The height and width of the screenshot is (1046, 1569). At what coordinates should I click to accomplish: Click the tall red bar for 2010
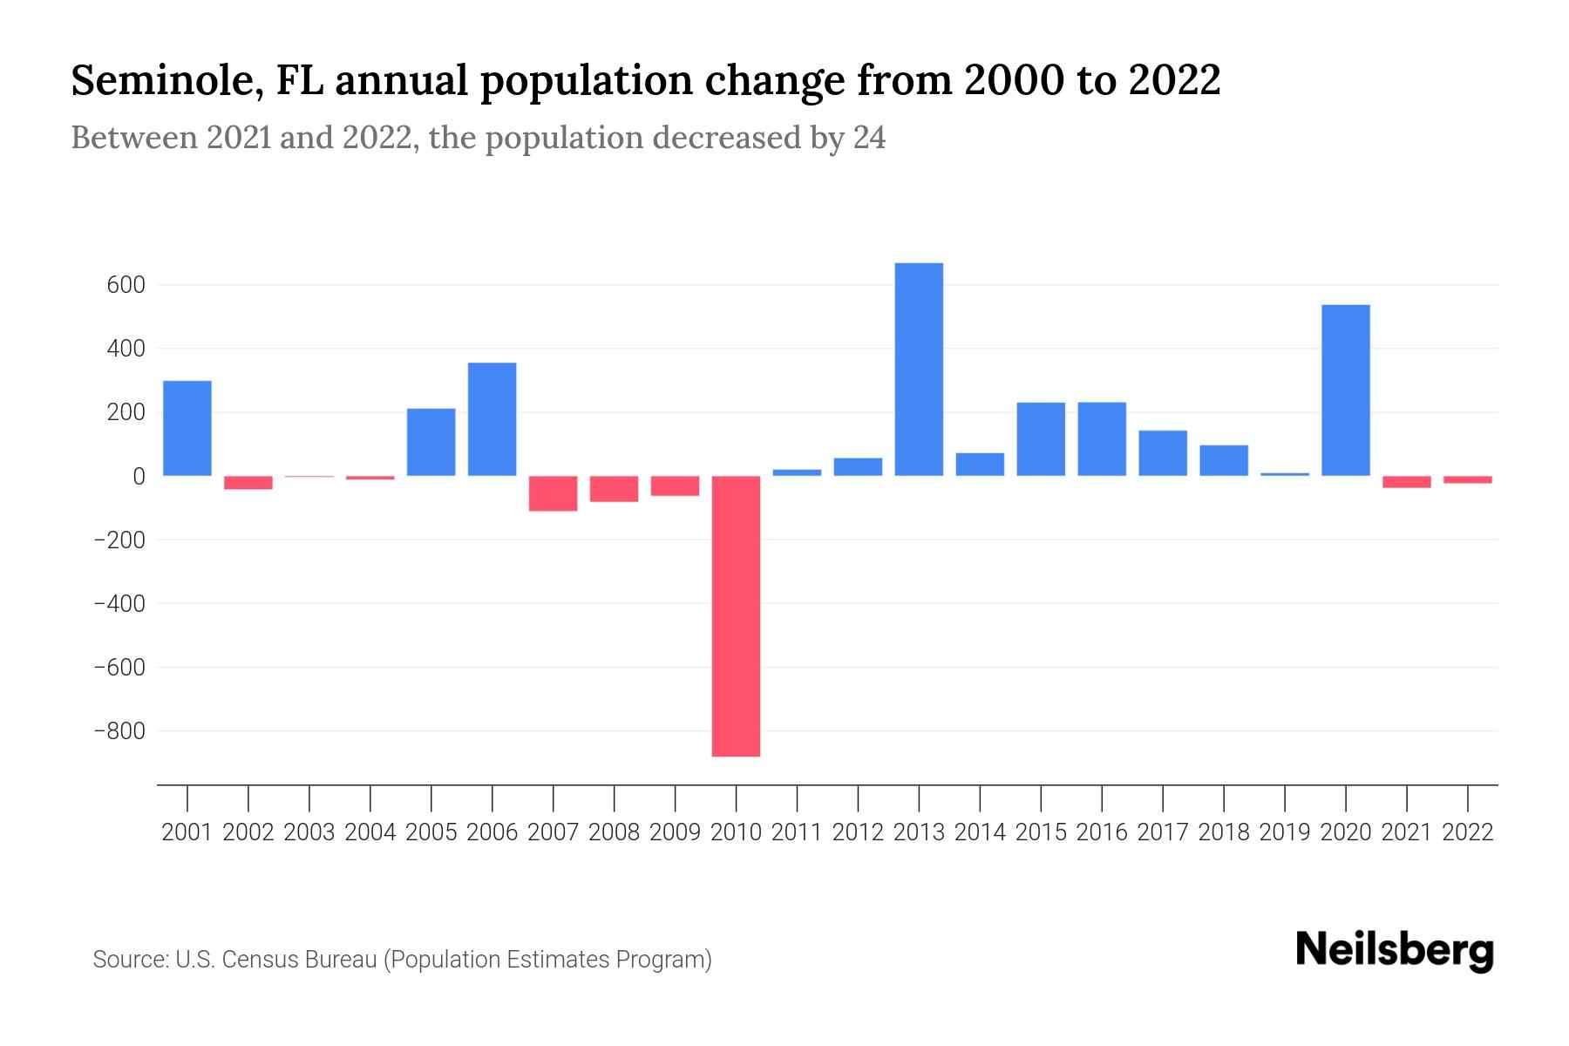[x=736, y=615]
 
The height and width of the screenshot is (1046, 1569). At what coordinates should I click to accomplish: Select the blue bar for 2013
[x=919, y=370]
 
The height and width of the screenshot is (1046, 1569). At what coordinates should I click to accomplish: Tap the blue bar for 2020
[x=1346, y=391]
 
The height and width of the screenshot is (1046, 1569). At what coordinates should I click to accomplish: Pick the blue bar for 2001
[x=187, y=428]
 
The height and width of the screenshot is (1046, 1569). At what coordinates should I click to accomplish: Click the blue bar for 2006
[x=492, y=419]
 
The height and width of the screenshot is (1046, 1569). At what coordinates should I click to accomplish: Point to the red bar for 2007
[x=554, y=493]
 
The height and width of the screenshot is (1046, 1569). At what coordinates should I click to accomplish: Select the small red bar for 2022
[x=1468, y=479]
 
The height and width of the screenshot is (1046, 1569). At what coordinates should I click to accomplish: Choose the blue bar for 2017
[x=1163, y=453]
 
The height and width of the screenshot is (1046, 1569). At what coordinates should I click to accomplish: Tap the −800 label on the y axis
[x=119, y=730]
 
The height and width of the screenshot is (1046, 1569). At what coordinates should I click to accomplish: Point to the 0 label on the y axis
[x=139, y=476]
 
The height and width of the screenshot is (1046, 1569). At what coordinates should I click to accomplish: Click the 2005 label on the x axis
[x=431, y=832]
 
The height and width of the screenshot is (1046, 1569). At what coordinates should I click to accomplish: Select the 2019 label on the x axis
[x=1285, y=832]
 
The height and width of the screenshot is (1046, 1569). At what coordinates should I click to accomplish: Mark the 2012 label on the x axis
[x=858, y=832]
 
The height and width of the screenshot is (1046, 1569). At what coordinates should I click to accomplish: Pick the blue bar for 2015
[x=1041, y=439]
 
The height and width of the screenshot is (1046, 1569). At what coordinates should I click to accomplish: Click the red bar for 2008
[x=615, y=489]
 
